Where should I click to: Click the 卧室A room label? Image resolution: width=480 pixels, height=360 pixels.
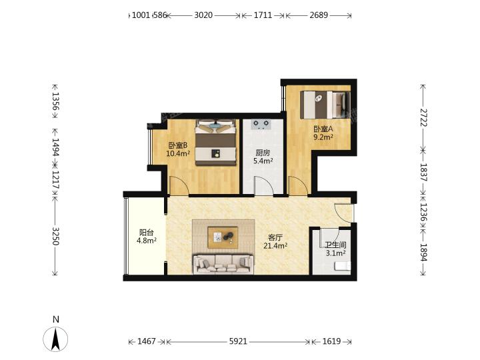pos(323,129)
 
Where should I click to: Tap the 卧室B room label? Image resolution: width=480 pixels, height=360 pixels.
pos(178,145)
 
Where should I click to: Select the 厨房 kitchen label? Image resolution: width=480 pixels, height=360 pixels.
pos(263,153)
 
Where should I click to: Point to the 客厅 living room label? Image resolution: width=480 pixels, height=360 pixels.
pos(275,237)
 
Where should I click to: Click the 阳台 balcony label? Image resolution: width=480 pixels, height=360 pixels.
pos(146,233)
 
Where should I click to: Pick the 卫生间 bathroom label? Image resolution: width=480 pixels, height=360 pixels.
pos(335,245)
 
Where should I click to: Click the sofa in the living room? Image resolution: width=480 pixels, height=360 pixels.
pos(223,263)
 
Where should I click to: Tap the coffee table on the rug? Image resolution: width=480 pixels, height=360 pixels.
pos(223,237)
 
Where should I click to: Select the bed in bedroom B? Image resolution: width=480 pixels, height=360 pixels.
pos(216,143)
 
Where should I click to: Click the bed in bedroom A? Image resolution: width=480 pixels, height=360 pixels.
pos(325,105)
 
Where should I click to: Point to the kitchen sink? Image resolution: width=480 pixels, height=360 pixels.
pos(261,124)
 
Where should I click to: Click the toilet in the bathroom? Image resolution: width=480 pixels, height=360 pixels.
pos(343,266)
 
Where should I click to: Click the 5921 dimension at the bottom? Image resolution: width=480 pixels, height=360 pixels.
pos(238,341)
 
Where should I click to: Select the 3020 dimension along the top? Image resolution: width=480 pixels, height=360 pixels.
pos(203,15)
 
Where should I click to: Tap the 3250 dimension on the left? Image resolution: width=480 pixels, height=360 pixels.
pos(55,236)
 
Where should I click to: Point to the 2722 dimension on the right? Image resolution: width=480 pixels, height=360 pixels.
pos(423,117)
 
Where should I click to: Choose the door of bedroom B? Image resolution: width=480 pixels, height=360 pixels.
pos(179,185)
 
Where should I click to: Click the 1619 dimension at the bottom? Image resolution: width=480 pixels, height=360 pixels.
pos(331,341)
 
